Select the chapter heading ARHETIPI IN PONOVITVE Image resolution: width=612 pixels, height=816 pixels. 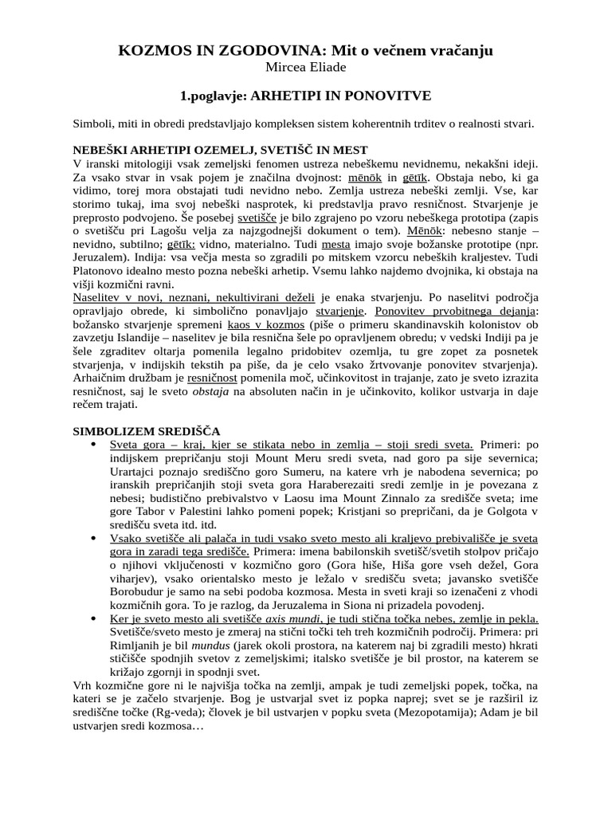340,96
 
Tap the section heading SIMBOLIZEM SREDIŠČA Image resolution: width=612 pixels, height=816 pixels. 146,430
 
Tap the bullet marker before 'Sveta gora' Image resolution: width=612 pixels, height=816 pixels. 95,444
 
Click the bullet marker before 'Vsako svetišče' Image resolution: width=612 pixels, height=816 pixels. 95,538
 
